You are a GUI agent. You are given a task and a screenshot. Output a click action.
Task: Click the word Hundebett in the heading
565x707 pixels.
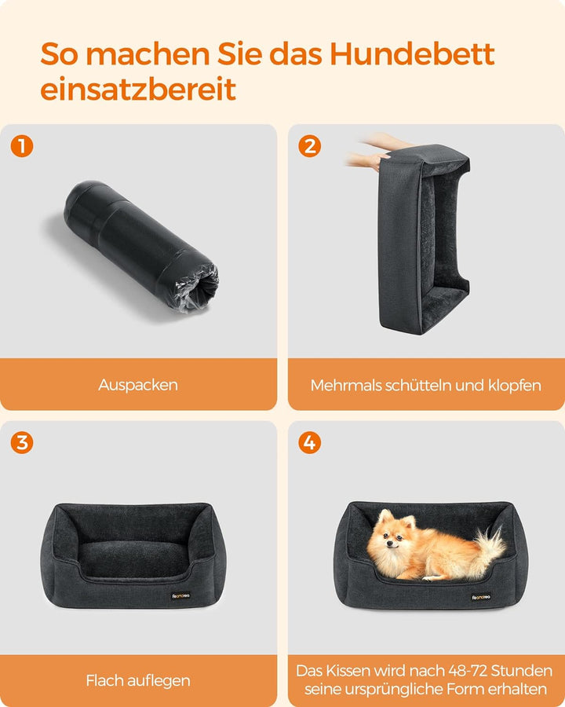point(412,54)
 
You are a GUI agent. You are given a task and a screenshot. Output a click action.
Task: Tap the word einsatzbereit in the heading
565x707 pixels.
point(138,90)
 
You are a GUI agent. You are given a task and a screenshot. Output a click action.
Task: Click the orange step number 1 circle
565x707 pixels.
point(22,146)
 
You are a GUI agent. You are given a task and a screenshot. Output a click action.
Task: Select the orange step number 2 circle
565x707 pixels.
point(309,146)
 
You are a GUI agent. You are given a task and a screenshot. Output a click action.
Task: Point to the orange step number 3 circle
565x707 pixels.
point(22,442)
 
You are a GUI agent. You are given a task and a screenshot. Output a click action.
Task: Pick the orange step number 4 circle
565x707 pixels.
point(309,442)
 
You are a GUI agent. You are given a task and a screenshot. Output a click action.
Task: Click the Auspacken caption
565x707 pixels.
point(138,385)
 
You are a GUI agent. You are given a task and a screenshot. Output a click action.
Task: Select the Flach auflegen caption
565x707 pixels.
point(138,680)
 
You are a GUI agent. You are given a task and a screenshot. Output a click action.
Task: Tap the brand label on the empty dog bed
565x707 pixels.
point(180,595)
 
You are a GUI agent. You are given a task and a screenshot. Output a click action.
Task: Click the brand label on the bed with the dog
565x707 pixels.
point(481,597)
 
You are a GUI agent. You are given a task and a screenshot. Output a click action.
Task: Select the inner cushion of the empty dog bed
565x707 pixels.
point(133,559)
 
